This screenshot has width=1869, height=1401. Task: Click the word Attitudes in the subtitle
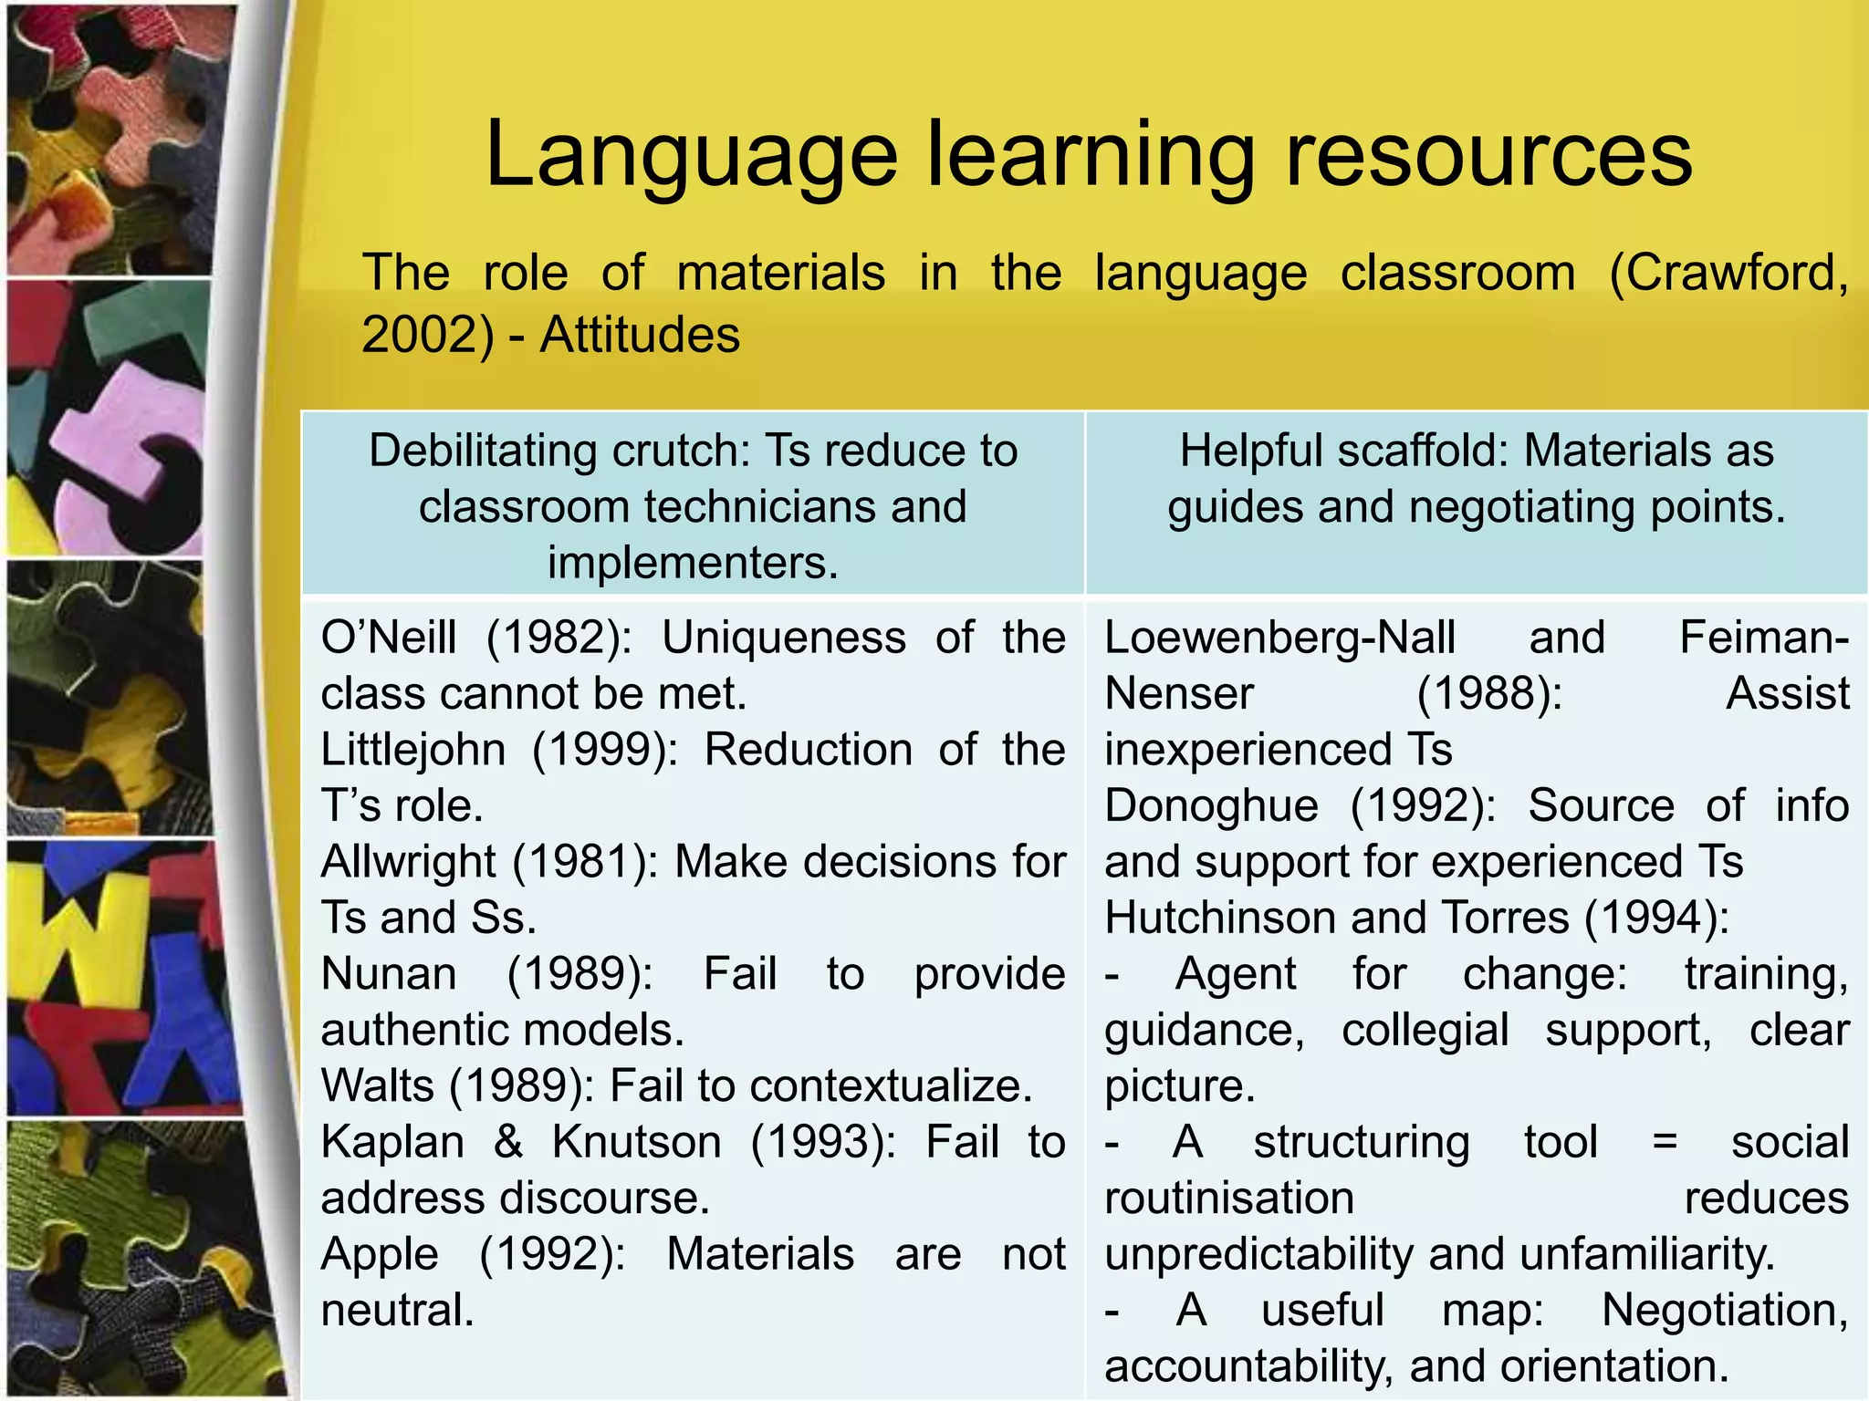[x=640, y=334]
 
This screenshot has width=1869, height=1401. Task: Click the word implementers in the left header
[x=692, y=562]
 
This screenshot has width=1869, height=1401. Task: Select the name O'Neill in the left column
[x=389, y=637]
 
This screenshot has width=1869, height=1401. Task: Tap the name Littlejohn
[x=412, y=750]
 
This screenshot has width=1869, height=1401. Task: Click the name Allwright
[x=409, y=862]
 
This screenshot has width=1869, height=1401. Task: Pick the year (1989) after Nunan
[x=580, y=974]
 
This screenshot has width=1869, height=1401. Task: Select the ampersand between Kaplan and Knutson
[x=507, y=1142]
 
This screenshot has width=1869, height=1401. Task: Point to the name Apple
[x=380, y=1254]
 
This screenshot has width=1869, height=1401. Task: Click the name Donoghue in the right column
[x=1211, y=806]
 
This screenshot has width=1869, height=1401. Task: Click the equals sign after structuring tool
[x=1665, y=1142]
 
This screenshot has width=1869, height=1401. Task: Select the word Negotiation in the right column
[x=1724, y=1311]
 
